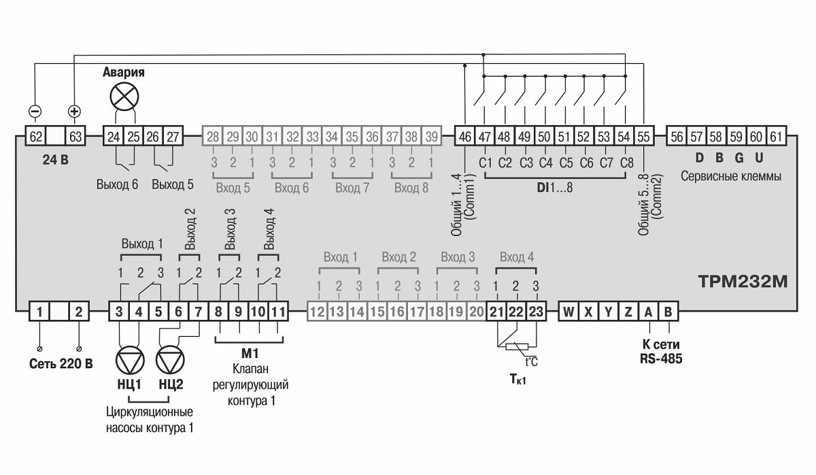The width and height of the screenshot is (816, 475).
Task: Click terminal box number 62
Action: pos(35,136)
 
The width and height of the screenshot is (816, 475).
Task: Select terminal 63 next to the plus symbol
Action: pos(75,136)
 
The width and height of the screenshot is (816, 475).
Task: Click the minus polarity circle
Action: pos(35,111)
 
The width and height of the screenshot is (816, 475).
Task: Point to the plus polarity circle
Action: pos(74,111)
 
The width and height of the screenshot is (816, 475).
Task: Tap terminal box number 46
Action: pos(464,136)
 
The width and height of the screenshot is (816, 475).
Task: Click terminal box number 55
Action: pos(643,136)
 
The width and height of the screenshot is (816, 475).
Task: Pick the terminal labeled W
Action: pos(568,312)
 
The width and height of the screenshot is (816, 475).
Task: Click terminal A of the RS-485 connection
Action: pos(649,312)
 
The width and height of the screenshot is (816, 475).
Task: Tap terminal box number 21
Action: pos(497,312)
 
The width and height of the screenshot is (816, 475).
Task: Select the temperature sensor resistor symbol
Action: pos(517,347)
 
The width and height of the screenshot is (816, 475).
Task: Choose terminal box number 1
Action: pos(40,312)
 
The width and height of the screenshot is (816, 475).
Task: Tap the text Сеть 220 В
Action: pos(61,363)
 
